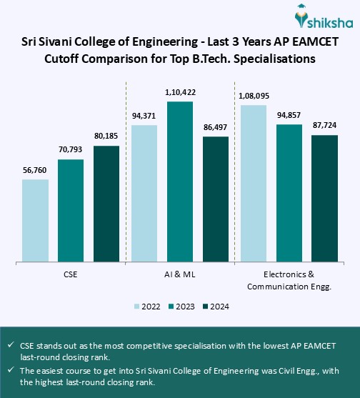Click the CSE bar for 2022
[x=35, y=220]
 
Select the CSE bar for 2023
[x=71, y=210]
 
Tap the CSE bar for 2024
[x=106, y=204]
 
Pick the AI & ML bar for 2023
[x=181, y=181]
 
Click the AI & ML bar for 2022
[x=145, y=193]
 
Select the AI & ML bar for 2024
[x=216, y=199]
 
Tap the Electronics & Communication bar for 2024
[x=324, y=198]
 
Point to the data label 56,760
[x=35, y=171]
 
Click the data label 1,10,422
[x=181, y=93]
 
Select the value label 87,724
[x=324, y=126]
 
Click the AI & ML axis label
[x=180, y=274]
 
